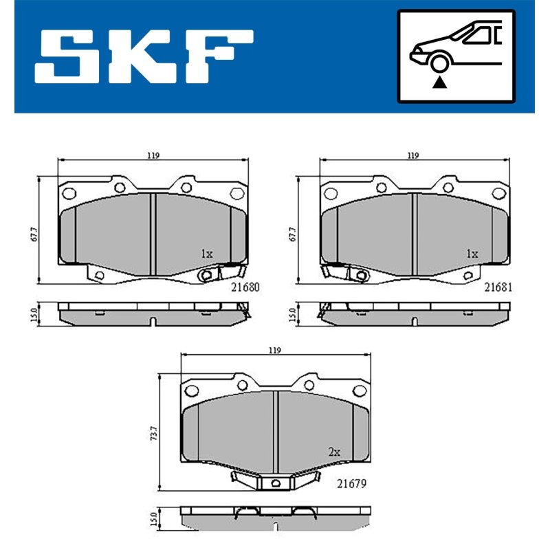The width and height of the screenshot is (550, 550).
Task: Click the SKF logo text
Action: coord(144,56)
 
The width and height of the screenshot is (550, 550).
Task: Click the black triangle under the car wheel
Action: coord(439,82)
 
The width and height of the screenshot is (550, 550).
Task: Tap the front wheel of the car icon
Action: coord(439,63)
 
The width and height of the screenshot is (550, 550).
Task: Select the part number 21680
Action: coord(245,287)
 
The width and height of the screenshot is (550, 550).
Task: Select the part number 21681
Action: coord(498,287)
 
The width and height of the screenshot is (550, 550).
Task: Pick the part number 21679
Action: coord(351,484)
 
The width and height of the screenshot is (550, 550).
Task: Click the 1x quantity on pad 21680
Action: coord(207,254)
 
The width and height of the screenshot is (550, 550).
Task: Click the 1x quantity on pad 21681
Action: coord(472,254)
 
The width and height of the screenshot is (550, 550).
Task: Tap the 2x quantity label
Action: coord(334,452)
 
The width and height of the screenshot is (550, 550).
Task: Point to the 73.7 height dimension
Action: coord(153,433)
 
